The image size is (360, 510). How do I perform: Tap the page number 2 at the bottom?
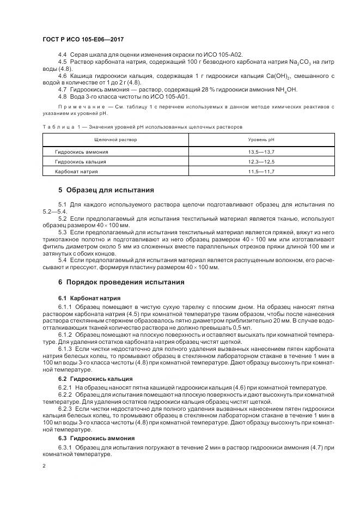coord(44,466)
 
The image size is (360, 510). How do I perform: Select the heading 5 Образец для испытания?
coord(106,190)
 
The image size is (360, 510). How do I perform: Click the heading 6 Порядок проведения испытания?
coord(121,282)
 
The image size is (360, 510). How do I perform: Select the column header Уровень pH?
coord(261,140)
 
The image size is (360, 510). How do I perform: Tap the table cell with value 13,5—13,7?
coord(261,152)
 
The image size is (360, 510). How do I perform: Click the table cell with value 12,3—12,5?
coord(261,162)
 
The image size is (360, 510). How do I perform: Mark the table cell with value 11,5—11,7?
coord(261,172)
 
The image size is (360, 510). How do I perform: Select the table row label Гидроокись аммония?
coord(82,152)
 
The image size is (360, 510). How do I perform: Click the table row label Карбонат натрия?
coord(77,172)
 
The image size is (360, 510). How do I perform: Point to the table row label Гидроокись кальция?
coord(81,162)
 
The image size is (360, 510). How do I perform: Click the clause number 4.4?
coord(62,55)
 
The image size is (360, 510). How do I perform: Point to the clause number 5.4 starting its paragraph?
coord(62,260)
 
